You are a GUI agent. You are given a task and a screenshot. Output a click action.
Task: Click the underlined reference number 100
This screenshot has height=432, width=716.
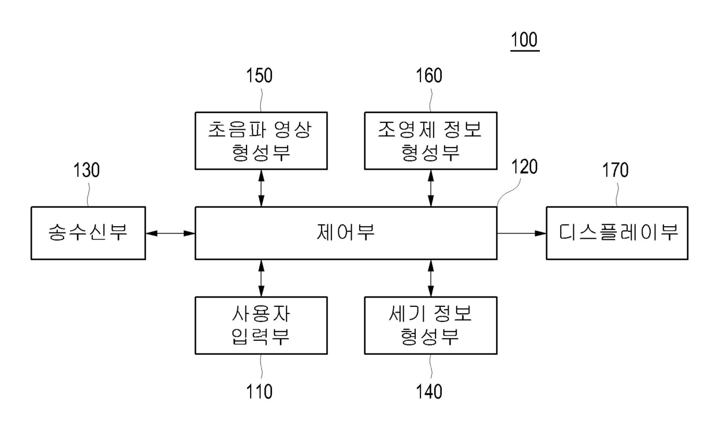(524, 40)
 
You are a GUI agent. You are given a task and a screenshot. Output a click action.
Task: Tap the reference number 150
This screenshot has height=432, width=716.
(259, 76)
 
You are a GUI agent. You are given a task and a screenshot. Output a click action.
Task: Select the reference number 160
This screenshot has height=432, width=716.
(429, 76)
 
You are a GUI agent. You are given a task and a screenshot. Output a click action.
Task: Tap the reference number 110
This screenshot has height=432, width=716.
(259, 392)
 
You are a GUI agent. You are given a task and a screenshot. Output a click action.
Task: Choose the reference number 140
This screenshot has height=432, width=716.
(429, 392)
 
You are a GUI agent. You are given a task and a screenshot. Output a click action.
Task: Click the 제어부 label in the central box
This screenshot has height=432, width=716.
(346, 232)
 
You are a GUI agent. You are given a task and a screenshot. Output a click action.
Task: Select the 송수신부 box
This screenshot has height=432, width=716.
(88, 233)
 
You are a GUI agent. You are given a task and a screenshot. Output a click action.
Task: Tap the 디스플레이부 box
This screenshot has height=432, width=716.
(617, 233)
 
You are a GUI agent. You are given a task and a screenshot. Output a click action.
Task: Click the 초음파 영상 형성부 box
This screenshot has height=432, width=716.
(261, 141)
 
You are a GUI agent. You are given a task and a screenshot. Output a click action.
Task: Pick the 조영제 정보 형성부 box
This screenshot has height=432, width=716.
(430, 141)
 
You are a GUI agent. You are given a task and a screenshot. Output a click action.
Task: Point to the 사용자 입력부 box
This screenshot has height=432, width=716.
(261, 325)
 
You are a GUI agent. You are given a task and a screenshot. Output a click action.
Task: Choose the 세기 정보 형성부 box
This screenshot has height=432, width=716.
(430, 325)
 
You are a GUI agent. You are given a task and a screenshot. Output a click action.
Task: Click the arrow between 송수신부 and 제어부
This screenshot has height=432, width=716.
(170, 233)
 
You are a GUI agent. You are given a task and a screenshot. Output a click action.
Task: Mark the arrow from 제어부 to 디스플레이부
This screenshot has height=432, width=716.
(521, 233)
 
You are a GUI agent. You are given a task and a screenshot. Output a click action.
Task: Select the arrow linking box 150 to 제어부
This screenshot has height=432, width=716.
(261, 188)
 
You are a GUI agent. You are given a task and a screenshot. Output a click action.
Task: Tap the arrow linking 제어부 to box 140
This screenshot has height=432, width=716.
(430, 278)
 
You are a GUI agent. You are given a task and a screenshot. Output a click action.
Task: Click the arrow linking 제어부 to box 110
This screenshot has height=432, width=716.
(261, 278)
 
